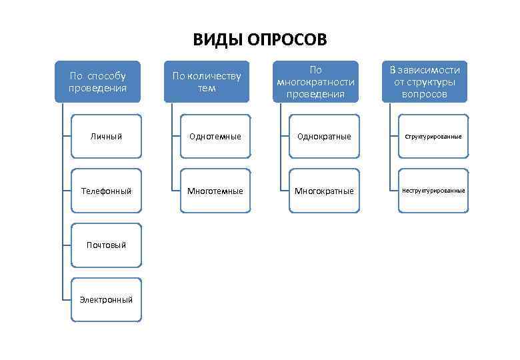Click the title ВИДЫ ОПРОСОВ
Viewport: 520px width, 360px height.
coord(260,40)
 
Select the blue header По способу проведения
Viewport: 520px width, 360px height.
coord(98,81)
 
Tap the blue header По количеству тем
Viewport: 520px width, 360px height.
coord(207,81)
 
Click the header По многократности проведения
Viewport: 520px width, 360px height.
coord(315,81)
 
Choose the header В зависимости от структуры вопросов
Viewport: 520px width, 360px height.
coord(425,81)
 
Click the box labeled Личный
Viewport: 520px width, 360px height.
coord(107,136)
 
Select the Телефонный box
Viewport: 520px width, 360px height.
coord(107,191)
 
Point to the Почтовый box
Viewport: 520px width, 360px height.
coord(107,245)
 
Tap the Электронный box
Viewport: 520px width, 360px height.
coord(107,299)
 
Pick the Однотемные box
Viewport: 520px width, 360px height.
coord(215,136)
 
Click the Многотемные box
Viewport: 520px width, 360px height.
coord(215,191)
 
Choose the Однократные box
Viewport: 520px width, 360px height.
coord(324,136)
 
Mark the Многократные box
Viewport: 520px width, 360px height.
coord(324,191)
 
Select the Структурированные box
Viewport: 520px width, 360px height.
coord(433,136)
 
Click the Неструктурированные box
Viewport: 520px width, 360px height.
coord(433,191)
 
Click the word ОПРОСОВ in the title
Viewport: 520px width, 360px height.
coord(287,40)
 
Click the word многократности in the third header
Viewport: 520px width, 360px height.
coord(316,81)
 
